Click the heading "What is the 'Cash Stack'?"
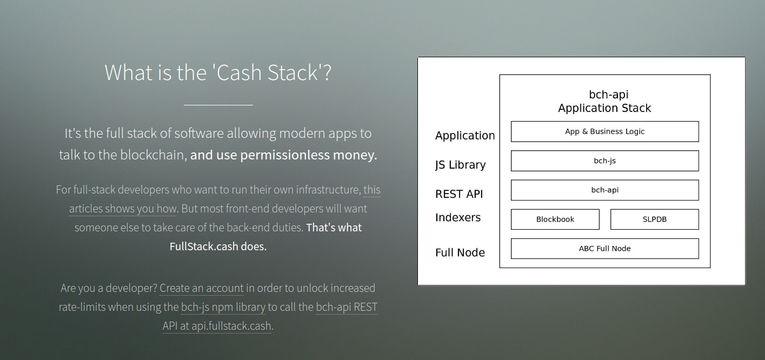(x=218, y=72)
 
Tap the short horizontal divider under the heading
(x=218, y=105)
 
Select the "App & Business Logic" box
(x=605, y=131)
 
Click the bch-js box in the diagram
(x=605, y=161)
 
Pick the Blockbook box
(x=555, y=219)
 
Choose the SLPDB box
(x=655, y=219)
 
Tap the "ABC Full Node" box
(x=605, y=249)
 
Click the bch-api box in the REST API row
(x=605, y=190)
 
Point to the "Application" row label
(x=465, y=136)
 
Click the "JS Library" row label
(x=461, y=165)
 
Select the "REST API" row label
(x=459, y=194)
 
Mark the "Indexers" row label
(x=457, y=218)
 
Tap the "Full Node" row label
(x=460, y=253)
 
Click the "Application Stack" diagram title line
(x=604, y=108)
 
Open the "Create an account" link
(x=202, y=288)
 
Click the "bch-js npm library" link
(x=223, y=307)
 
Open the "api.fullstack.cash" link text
(x=231, y=326)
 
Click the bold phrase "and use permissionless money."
(x=283, y=155)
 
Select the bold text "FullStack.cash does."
(x=218, y=246)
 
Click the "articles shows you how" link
(x=123, y=209)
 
